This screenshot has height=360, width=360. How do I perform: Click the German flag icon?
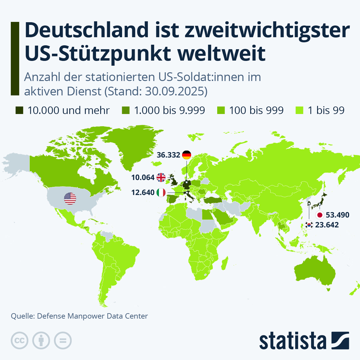(x=187, y=155)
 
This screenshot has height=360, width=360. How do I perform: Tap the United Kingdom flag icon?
(x=161, y=177)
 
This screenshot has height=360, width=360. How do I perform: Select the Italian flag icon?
(x=161, y=192)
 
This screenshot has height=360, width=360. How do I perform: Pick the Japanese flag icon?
(x=320, y=215)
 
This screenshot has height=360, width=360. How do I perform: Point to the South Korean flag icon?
(x=309, y=225)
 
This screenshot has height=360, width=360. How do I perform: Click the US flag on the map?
(x=70, y=199)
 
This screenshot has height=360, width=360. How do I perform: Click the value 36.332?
(x=168, y=155)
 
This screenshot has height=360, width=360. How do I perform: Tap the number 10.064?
(x=143, y=177)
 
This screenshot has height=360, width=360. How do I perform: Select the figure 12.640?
(x=143, y=192)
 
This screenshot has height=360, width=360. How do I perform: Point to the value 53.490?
(x=337, y=215)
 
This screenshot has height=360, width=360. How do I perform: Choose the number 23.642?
(x=327, y=225)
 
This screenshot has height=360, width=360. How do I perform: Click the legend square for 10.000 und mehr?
(x=19, y=110)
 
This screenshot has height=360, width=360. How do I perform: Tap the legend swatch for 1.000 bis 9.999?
(x=126, y=110)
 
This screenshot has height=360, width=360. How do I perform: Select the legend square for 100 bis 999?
(x=221, y=110)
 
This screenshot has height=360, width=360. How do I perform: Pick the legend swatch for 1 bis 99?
(x=299, y=110)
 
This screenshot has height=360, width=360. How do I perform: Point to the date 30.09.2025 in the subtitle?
(x=176, y=91)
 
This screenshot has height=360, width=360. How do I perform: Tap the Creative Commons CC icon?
(x=20, y=340)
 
